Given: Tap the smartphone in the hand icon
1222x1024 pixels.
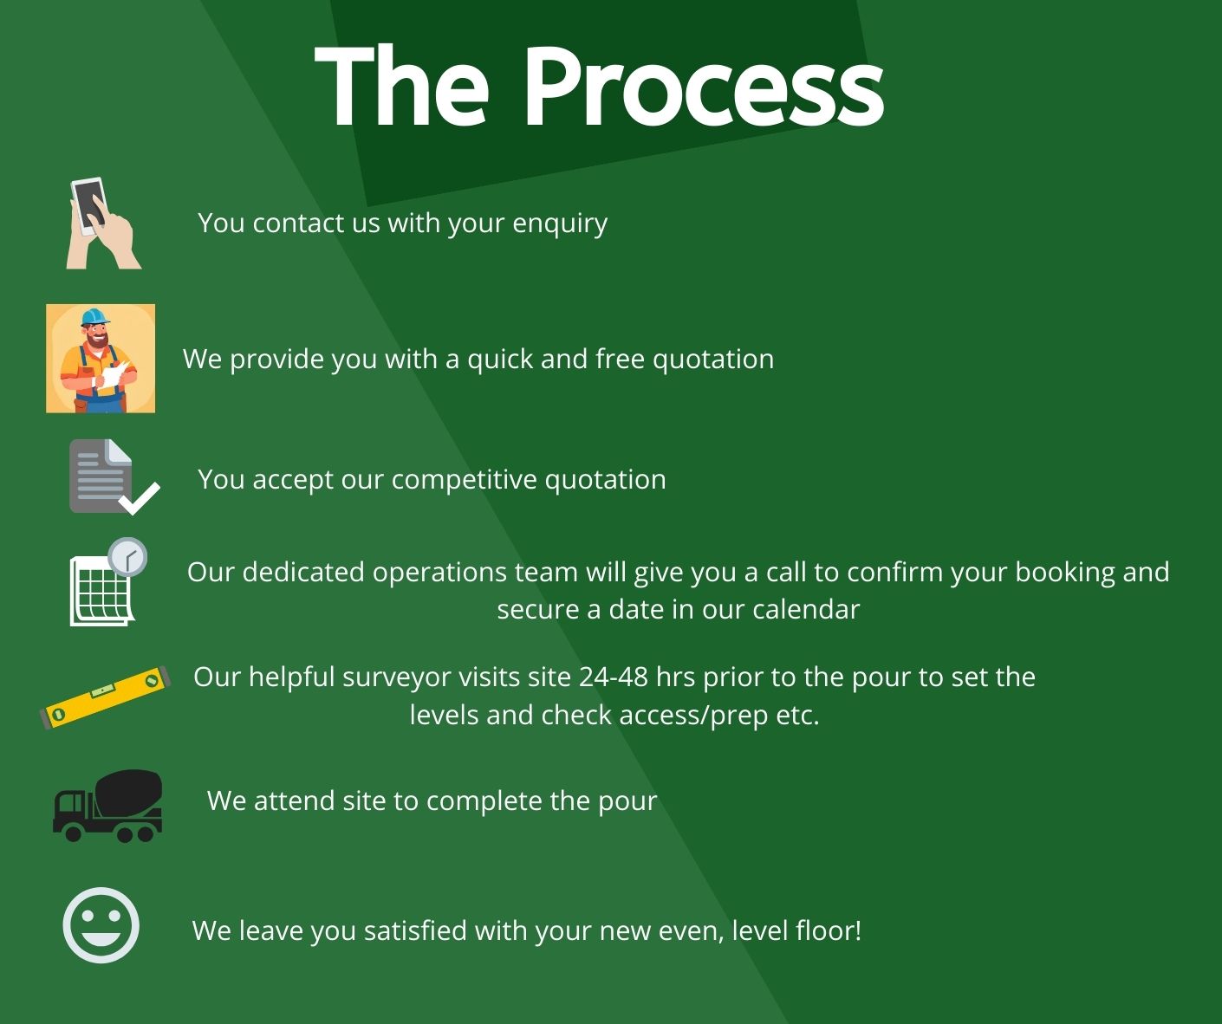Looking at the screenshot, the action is tap(89, 205).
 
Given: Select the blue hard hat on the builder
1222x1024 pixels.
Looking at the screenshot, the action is tap(94, 316).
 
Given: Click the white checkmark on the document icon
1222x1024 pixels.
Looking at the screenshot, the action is tap(140, 498).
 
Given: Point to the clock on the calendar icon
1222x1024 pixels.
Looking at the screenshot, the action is tap(127, 556).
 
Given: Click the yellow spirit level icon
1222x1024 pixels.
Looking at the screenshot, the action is tap(106, 698).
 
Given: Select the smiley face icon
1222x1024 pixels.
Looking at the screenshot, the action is tap(101, 925).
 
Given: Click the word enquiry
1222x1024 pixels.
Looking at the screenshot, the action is tap(560, 224).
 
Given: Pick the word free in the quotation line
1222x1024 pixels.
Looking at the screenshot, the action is tap(620, 359).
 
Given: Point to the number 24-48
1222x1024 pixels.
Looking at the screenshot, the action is tap(614, 677).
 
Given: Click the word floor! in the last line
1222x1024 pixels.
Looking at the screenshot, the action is tap(826, 931).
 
